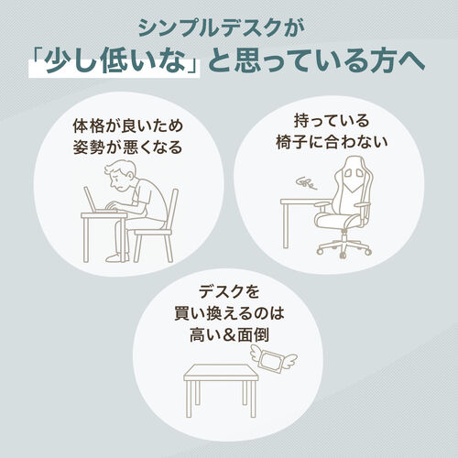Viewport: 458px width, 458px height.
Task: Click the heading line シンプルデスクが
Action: (228, 24)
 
